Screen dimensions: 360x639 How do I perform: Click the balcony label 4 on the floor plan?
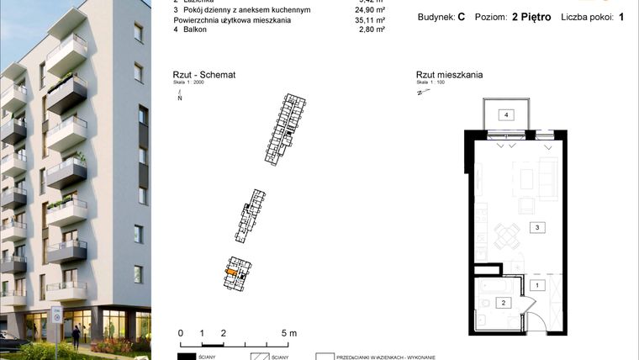click(507, 115)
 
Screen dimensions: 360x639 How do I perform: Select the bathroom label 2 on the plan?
click(504, 302)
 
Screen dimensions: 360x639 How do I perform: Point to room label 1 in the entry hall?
click(535, 284)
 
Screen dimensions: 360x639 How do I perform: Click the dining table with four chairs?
click(506, 236)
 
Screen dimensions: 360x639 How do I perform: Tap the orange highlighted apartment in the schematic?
click(231, 272)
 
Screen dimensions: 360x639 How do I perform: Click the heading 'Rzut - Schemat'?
click(203, 75)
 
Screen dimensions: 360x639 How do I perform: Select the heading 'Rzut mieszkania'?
click(449, 75)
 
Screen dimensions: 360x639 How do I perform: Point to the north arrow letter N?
click(179, 98)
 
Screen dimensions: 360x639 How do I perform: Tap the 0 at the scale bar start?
click(181, 334)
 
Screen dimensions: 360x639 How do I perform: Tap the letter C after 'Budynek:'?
click(462, 17)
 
